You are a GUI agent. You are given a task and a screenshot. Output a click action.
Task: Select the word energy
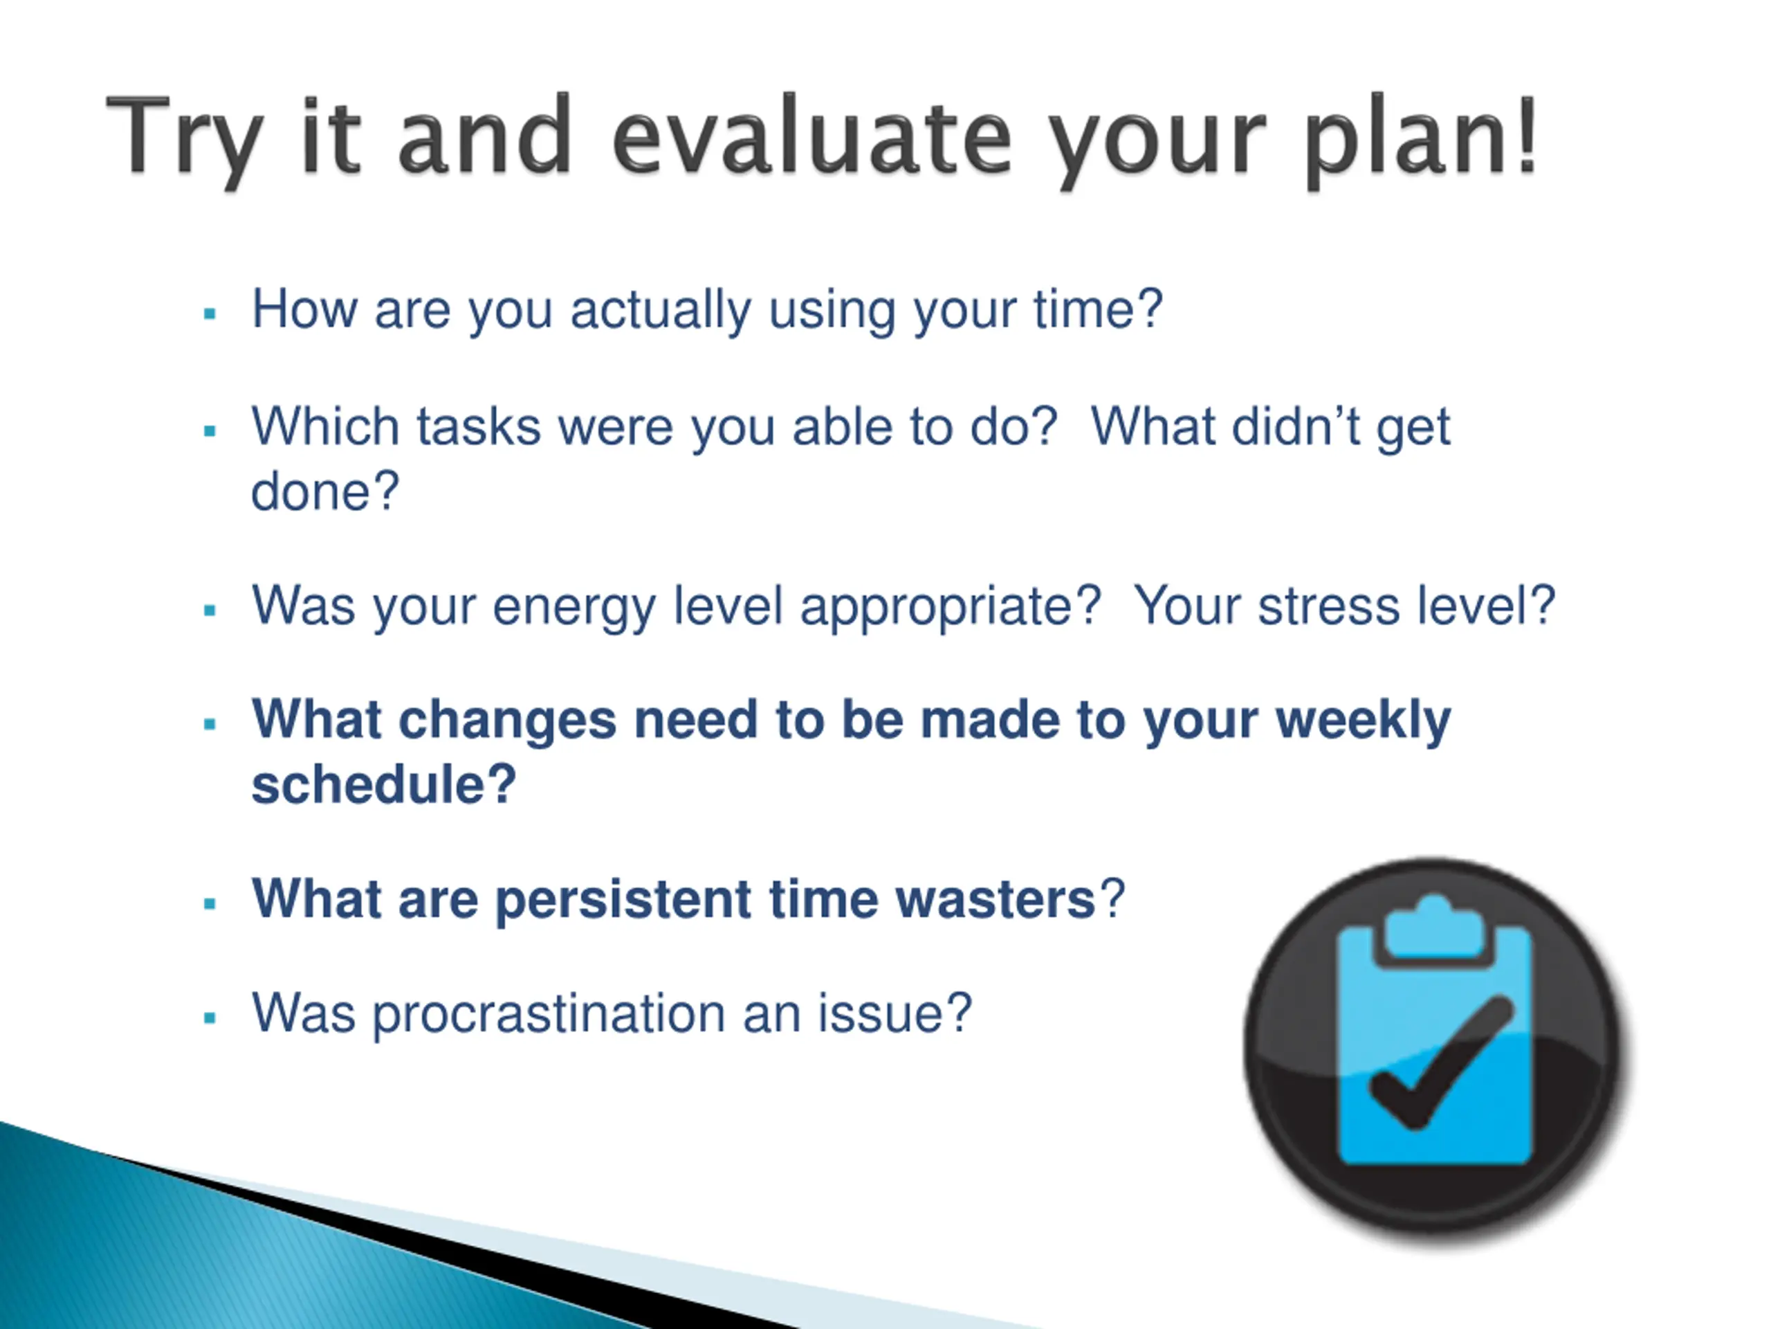[x=574, y=606]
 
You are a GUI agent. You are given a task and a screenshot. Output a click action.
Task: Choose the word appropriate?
[x=951, y=606]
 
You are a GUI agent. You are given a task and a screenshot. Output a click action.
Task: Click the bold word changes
[x=507, y=720]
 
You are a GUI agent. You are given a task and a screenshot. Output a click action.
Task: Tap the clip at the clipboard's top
[x=1433, y=929]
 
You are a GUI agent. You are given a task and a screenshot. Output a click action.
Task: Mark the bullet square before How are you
[x=210, y=314]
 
